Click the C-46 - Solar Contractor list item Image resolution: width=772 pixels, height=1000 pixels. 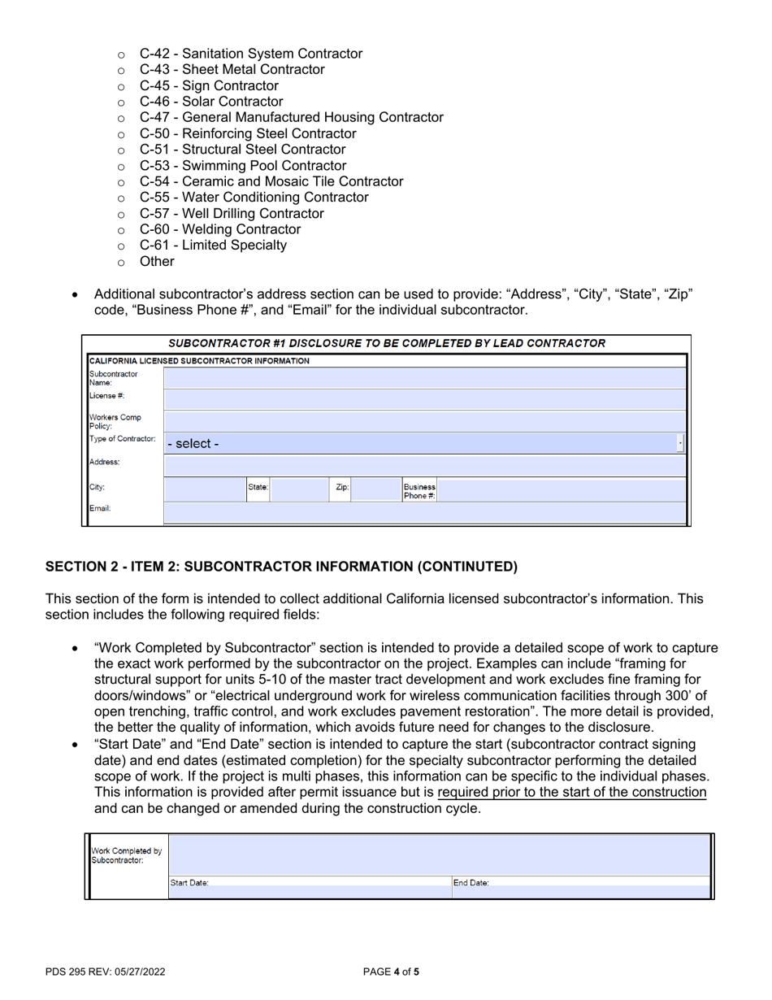(211, 102)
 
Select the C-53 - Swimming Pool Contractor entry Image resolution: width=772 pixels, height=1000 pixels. (242, 166)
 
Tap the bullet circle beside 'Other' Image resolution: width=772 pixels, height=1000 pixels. (122, 263)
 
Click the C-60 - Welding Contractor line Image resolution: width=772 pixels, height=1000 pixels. (219, 229)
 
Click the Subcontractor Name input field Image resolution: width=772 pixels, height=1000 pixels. (424, 377)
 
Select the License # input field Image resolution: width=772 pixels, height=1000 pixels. (424, 399)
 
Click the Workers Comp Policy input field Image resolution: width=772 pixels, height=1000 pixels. (424, 421)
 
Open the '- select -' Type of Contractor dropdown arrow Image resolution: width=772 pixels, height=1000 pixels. (679, 444)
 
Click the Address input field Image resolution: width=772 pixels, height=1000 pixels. (424, 466)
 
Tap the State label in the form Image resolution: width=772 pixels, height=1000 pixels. (258, 488)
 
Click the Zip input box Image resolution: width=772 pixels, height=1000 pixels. (375, 489)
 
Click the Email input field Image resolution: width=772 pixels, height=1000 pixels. (424, 512)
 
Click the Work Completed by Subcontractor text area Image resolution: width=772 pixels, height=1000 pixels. (439, 854)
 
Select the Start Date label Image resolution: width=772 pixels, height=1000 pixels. (189, 882)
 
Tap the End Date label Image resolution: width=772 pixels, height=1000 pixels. (471, 882)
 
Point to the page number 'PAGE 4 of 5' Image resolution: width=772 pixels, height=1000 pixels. (391, 971)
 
